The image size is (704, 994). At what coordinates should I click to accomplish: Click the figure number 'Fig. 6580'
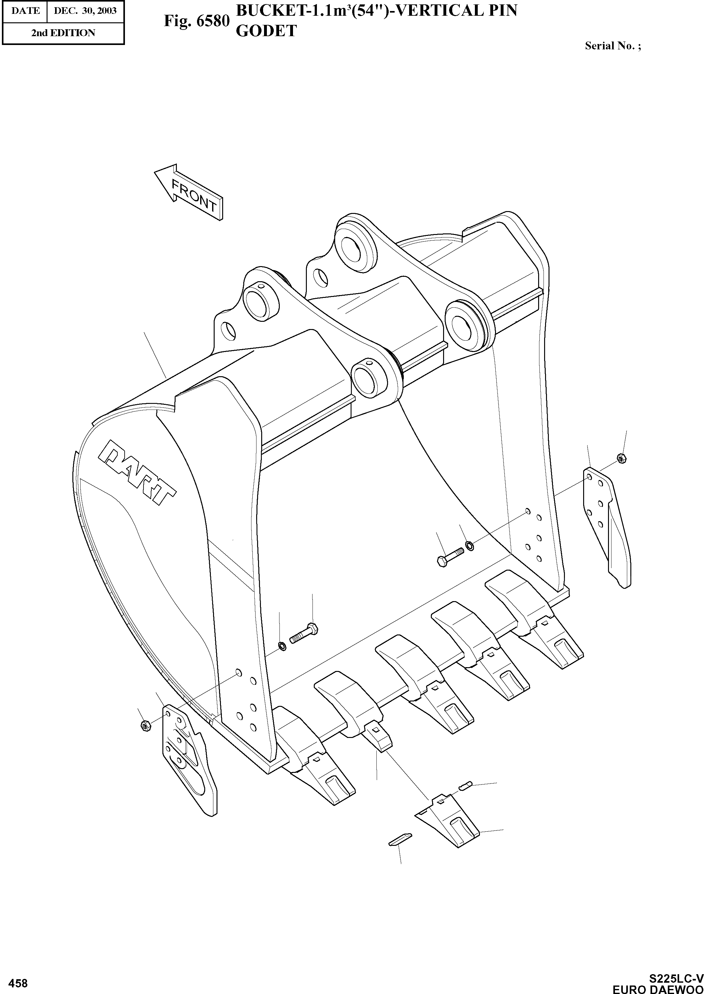point(196,21)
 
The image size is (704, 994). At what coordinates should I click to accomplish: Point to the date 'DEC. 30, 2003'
point(85,10)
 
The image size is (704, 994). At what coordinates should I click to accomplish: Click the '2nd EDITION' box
point(63,33)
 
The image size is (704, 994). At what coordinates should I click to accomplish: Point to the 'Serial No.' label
point(612,46)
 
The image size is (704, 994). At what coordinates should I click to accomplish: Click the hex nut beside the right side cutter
point(620,458)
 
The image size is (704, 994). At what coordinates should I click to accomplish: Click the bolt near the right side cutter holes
point(450,556)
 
